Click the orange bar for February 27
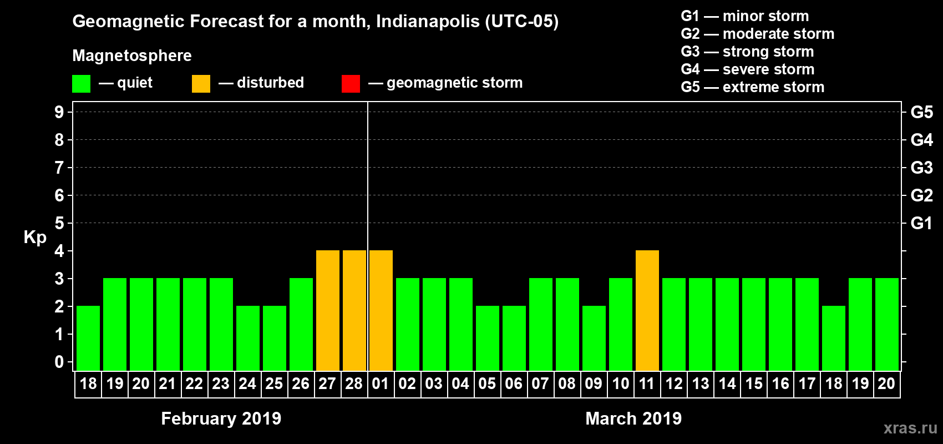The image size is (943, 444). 327,310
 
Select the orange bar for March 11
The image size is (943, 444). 647,310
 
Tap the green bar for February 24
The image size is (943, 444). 247,338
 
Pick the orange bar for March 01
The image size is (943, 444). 381,310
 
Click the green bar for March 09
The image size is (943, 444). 594,338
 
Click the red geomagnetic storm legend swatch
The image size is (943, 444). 351,84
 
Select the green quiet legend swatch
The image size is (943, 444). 81,84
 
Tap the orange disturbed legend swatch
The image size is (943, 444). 201,84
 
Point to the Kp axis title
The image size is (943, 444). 35,237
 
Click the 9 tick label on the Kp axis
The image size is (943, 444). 59,112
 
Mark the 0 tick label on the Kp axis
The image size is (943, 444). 59,362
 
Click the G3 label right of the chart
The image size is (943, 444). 921,168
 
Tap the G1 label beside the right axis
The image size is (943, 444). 921,223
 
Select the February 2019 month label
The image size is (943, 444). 221,418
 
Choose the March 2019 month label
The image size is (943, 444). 633,418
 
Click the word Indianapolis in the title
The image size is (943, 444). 427,22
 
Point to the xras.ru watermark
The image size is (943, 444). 910,428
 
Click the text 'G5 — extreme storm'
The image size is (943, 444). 752,87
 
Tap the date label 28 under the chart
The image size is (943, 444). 354,384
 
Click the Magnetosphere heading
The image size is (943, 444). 131,56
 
